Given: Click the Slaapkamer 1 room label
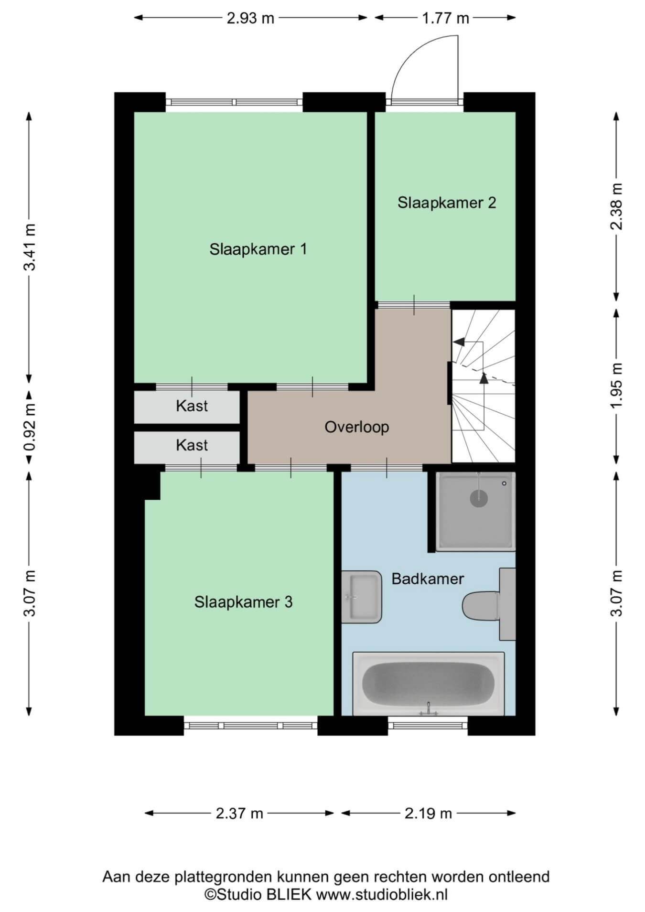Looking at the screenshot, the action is (258, 249).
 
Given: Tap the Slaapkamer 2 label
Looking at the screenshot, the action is (447, 203).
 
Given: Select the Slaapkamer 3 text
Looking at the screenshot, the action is (243, 602).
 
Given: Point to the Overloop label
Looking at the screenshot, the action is (357, 427).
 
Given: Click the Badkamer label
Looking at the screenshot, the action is (428, 579).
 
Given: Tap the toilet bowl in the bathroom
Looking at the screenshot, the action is (480, 606).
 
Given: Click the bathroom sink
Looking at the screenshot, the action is (362, 597).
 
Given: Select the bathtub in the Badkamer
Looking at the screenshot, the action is (428, 684).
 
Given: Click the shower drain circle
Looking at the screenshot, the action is (479, 499).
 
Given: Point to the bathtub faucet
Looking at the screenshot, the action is (429, 709).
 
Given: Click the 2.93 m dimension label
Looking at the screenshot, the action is (250, 18).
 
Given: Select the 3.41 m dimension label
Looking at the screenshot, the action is (30, 247).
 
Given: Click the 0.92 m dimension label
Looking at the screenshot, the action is (30, 428).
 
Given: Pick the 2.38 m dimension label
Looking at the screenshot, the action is (617, 206).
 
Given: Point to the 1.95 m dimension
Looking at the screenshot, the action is (617, 386).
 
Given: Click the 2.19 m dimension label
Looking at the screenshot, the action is (428, 813).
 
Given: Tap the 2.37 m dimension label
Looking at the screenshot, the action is (239, 813).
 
